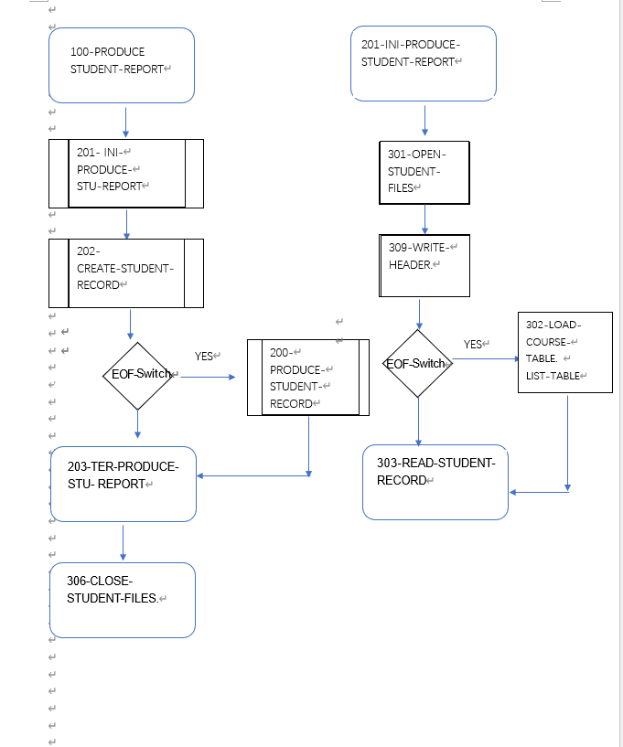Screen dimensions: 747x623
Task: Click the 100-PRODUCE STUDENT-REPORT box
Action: [122, 65]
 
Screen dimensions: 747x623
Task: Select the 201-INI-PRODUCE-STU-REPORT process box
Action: [126, 174]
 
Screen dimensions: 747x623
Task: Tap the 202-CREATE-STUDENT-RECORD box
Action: [126, 272]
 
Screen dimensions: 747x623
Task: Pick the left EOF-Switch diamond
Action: [138, 375]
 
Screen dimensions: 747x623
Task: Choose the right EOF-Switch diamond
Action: [418, 364]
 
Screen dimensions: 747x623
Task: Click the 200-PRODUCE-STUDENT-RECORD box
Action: [308, 378]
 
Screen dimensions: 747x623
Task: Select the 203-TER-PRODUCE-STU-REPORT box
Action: [124, 484]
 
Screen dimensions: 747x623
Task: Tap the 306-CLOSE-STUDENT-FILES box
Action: [123, 600]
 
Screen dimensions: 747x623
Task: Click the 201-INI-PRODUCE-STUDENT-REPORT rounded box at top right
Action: [424, 63]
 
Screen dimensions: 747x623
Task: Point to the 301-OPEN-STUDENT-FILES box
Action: [424, 172]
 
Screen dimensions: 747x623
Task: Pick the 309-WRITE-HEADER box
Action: [424, 265]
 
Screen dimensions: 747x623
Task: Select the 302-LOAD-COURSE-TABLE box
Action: [564, 353]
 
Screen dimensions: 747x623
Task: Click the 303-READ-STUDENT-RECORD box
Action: [435, 482]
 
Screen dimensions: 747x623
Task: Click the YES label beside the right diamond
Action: [473, 345]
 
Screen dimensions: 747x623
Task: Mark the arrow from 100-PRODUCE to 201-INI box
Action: [126, 123]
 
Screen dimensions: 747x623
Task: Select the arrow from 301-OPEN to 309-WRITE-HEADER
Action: [424, 219]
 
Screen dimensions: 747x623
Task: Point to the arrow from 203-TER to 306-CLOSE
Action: [123, 542]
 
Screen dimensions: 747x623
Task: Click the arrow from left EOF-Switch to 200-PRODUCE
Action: [205, 376]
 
